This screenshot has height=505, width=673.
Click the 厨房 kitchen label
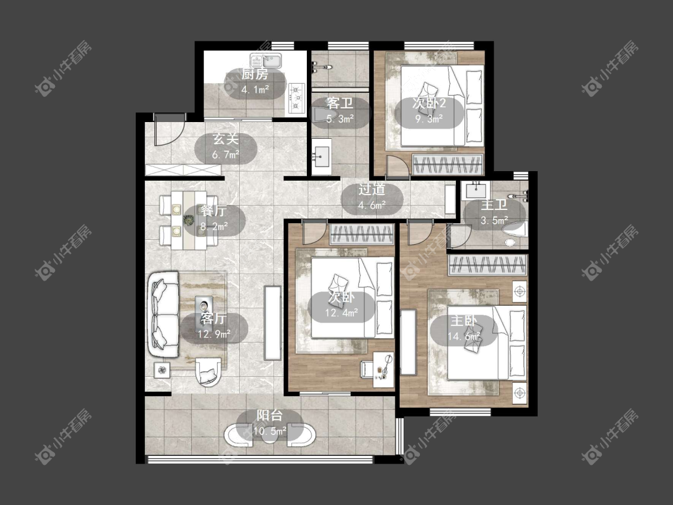coord(254,74)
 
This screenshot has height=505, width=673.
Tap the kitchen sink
coord(266,60)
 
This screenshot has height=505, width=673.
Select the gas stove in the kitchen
coord(296,98)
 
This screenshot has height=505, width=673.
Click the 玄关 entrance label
coord(226,139)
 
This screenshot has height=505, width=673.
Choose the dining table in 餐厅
coord(189,220)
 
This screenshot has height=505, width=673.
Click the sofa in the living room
coord(163,314)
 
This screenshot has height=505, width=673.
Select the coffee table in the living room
coord(204,306)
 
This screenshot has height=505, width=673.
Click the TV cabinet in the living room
coord(272,323)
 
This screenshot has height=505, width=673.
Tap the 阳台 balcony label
coord(270,415)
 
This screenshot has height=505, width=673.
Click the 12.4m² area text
coord(341,313)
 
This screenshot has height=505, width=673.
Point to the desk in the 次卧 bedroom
coord(383,366)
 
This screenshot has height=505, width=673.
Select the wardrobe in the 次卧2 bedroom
coord(448,165)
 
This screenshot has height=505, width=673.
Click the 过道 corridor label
coord(371,189)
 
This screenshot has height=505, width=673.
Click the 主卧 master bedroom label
coord(464,321)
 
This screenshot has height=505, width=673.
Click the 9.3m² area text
coord(428,118)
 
